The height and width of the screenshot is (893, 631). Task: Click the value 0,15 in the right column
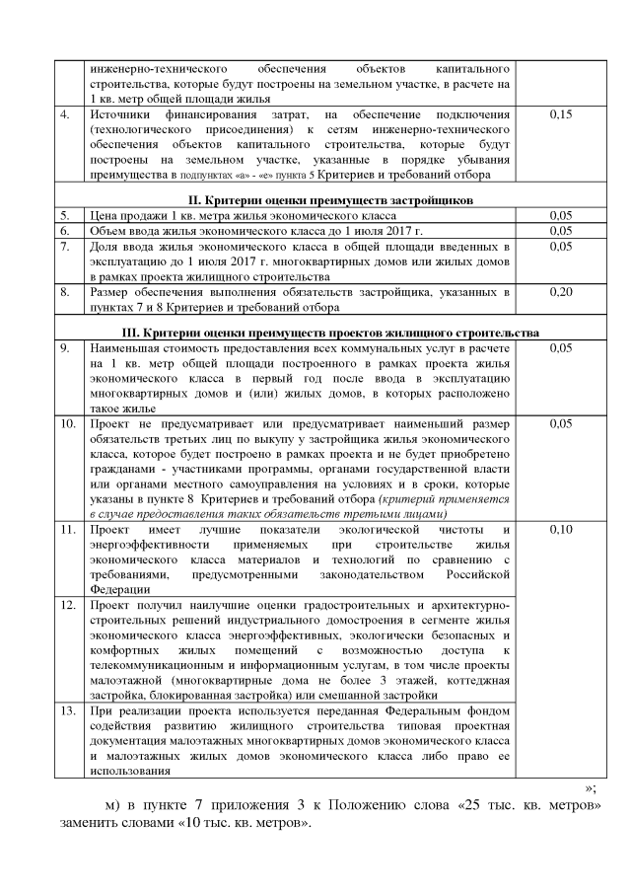tap(559, 116)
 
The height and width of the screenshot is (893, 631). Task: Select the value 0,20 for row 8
tap(559, 293)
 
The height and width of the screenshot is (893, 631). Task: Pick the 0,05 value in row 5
tap(559, 214)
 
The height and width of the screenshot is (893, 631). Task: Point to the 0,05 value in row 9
tap(559, 348)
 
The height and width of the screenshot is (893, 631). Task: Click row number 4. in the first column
tap(64, 116)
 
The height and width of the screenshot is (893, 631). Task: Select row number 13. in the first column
tap(67, 708)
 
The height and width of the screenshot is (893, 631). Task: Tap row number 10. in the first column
tap(67, 423)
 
